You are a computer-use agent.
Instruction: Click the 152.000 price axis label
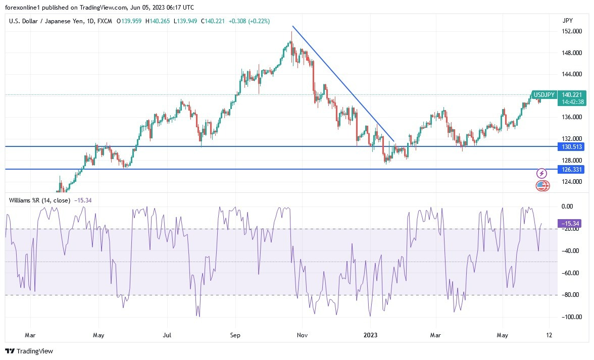pos(571,31)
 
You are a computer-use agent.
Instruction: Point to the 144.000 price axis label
pos(571,74)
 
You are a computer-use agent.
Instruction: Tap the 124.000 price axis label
pos(571,182)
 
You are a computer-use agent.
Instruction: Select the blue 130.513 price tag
pos(572,147)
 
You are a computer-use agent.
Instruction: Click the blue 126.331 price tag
pos(572,169)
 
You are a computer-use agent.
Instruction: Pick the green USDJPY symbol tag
pos(544,95)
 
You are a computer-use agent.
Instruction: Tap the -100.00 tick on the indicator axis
pos(571,317)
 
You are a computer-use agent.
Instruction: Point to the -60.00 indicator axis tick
pos(571,273)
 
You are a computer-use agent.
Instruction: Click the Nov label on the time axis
pos(302,335)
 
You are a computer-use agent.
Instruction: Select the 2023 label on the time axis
pos(370,335)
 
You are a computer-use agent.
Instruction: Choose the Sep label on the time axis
pos(234,335)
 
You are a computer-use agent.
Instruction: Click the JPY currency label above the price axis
pos(567,21)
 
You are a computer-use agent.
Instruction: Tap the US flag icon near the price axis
pos(542,185)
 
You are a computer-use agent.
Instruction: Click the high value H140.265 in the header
pos(158,21)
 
